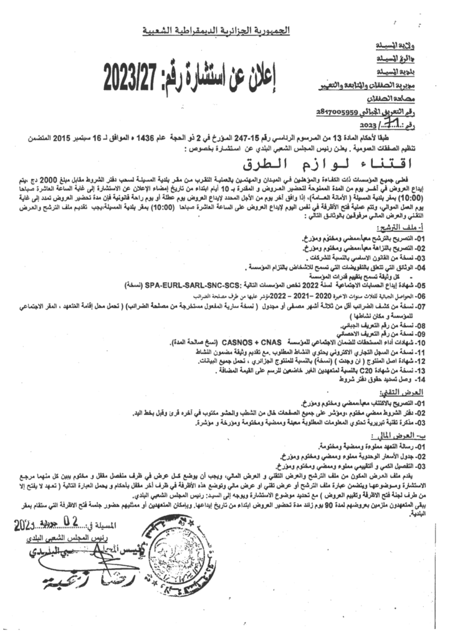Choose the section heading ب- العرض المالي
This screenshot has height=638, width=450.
pyautogui.click(x=408, y=436)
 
